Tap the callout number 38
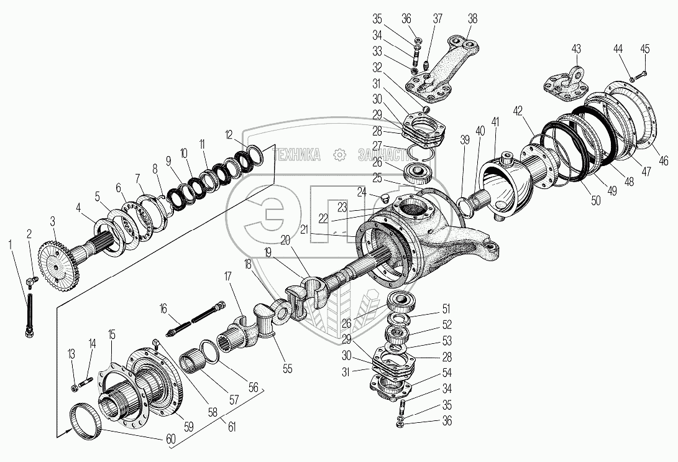472,19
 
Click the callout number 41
495,121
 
